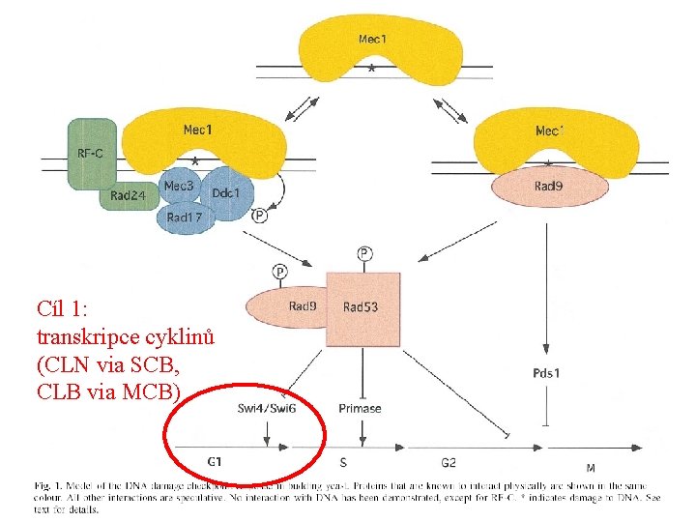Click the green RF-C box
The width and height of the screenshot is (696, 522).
(x=91, y=154)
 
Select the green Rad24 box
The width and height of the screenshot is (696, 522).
(x=128, y=196)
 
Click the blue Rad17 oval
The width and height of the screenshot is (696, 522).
(x=185, y=217)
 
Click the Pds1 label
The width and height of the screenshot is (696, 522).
(x=546, y=372)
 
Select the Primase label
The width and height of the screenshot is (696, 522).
(x=360, y=408)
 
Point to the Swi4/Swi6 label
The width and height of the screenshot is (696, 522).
(x=267, y=408)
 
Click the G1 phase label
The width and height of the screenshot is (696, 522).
(x=215, y=462)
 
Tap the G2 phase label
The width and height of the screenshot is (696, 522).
(x=449, y=463)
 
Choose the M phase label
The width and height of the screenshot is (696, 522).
(x=591, y=469)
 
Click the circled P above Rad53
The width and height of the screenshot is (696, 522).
(x=364, y=254)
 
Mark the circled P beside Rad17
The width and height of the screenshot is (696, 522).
(x=259, y=215)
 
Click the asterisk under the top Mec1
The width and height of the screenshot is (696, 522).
(x=372, y=70)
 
